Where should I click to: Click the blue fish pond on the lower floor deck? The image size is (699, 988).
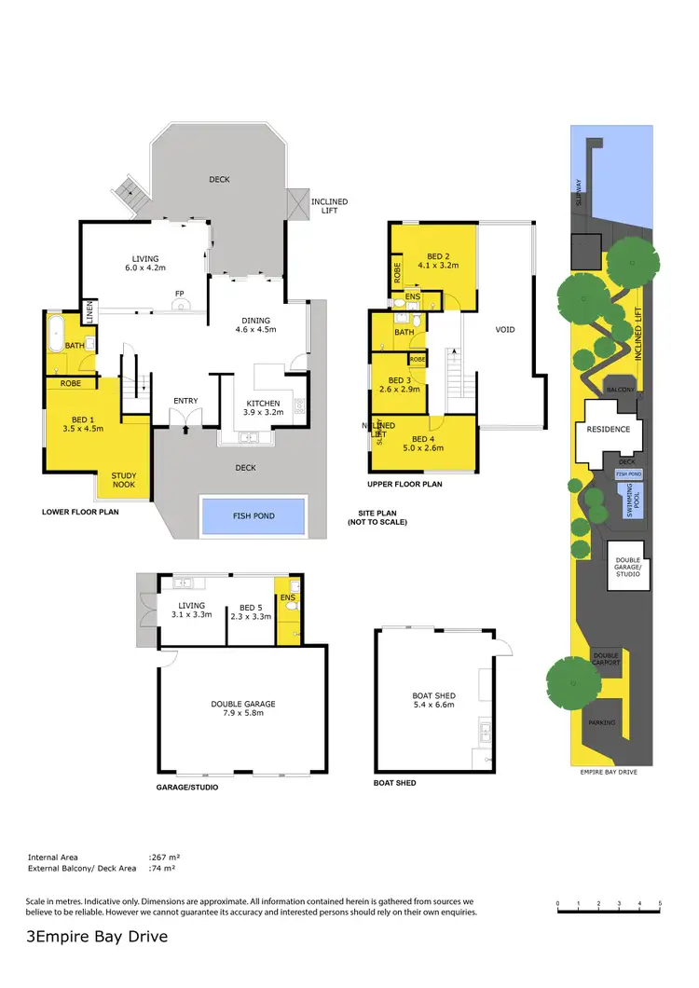tap(254, 515)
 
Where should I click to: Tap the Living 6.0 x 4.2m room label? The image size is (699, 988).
tap(144, 263)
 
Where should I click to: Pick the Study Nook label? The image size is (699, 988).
tap(124, 480)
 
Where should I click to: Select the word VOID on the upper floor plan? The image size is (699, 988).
tap(505, 329)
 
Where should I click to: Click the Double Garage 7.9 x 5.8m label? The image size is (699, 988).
tap(243, 708)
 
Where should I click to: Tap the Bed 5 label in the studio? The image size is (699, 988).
tap(249, 611)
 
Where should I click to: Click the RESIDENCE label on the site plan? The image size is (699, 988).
tap(608, 430)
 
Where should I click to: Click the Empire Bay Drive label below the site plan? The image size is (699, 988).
tap(610, 773)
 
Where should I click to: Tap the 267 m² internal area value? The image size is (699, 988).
tap(163, 857)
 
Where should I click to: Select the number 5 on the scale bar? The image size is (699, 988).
tap(660, 904)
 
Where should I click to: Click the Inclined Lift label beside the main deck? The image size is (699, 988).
tap(329, 205)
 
